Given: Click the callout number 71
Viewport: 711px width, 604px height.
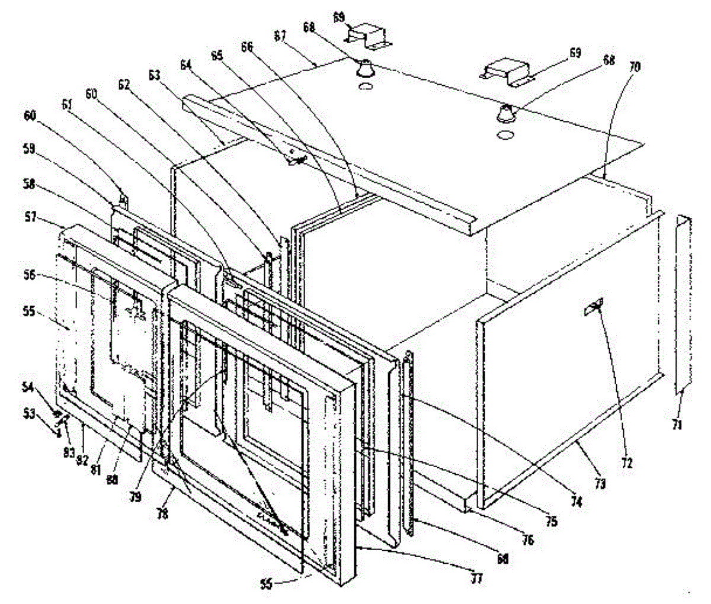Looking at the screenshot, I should [x=677, y=424].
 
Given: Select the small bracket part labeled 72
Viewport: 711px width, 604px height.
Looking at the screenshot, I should [x=594, y=306].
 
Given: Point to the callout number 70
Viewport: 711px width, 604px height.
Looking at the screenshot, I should [x=635, y=68].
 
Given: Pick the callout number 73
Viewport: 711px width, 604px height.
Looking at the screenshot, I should [x=600, y=484].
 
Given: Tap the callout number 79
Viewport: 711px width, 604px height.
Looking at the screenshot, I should [x=136, y=497].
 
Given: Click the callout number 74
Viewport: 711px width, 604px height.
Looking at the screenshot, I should [x=577, y=502].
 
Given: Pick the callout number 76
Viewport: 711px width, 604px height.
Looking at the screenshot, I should [x=527, y=539].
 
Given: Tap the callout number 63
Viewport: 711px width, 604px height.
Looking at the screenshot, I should [x=154, y=75].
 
